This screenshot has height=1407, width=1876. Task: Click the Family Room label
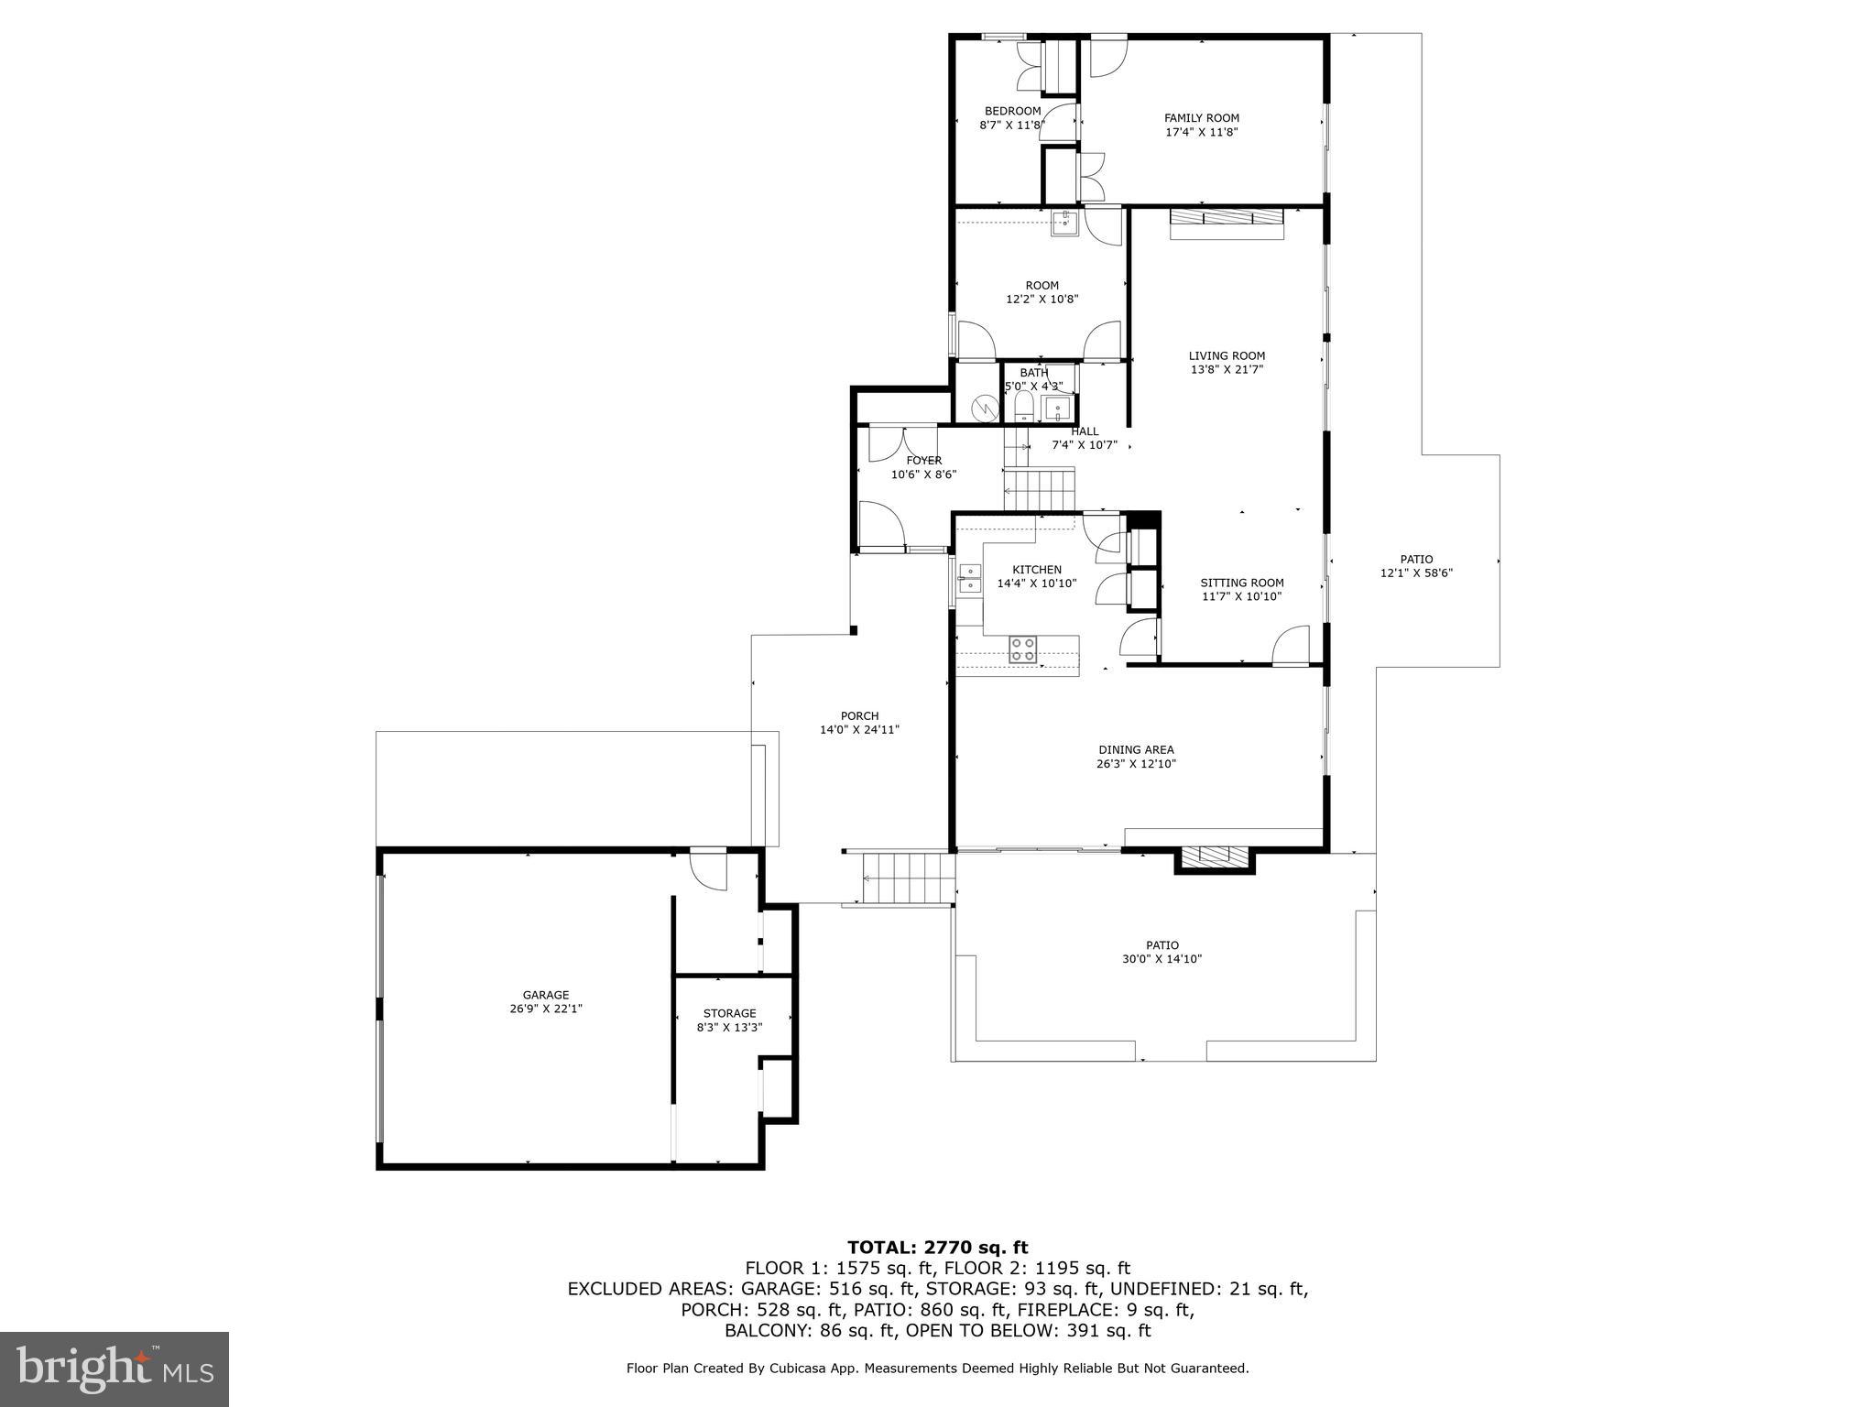tap(1201, 118)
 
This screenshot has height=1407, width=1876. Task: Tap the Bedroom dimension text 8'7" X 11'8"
tap(1011, 125)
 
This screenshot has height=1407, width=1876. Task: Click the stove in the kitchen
tap(1023, 649)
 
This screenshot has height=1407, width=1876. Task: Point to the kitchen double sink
tap(969, 579)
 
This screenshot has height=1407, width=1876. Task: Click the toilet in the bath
tap(1024, 406)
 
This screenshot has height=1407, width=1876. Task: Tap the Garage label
tap(546, 995)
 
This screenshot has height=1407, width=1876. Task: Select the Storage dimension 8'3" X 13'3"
tap(729, 1028)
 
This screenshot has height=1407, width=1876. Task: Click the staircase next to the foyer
tap(1039, 488)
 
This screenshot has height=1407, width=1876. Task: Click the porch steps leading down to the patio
tap(908, 878)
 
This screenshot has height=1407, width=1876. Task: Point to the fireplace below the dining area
tap(1214, 856)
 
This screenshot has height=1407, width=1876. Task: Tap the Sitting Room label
tap(1242, 583)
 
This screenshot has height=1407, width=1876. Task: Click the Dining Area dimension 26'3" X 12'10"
tap(1136, 764)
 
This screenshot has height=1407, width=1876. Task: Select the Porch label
tap(859, 716)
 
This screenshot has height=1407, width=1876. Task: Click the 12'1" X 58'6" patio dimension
tap(1416, 573)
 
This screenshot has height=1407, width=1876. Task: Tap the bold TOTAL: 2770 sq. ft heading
tap(937, 1248)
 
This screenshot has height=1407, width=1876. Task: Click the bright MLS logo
tap(115, 1369)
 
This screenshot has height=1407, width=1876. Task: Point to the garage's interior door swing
tap(708, 870)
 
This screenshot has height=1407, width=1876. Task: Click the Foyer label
tap(923, 461)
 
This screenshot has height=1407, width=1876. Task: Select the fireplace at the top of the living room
tap(1227, 223)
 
